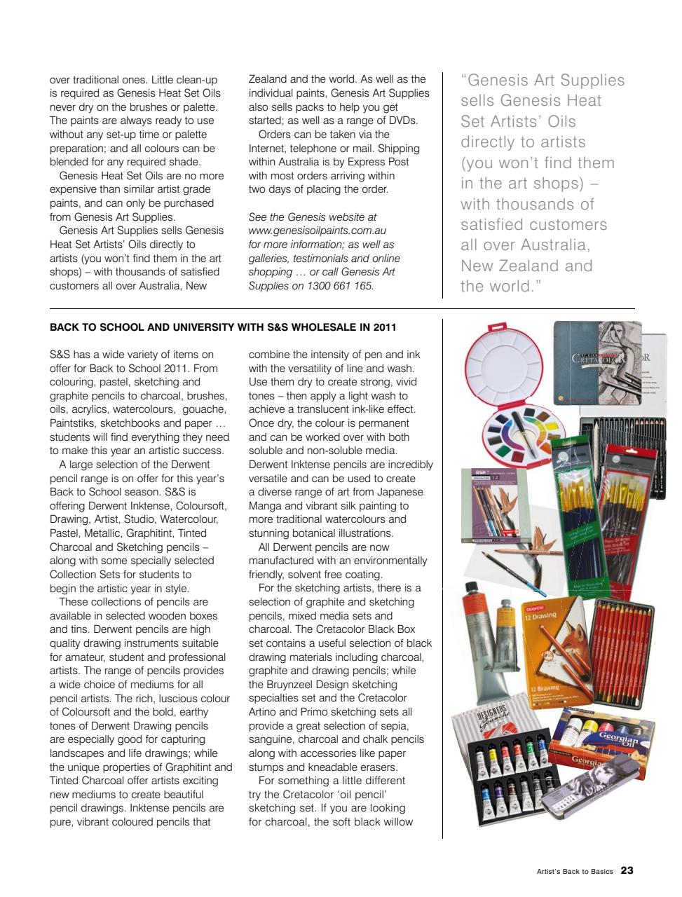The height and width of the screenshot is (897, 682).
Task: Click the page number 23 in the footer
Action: click(x=627, y=871)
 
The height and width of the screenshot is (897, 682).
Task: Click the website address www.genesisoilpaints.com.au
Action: click(x=318, y=231)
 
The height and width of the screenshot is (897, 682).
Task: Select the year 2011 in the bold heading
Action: click(x=385, y=327)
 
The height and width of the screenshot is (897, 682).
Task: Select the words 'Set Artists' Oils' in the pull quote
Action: click(x=518, y=121)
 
